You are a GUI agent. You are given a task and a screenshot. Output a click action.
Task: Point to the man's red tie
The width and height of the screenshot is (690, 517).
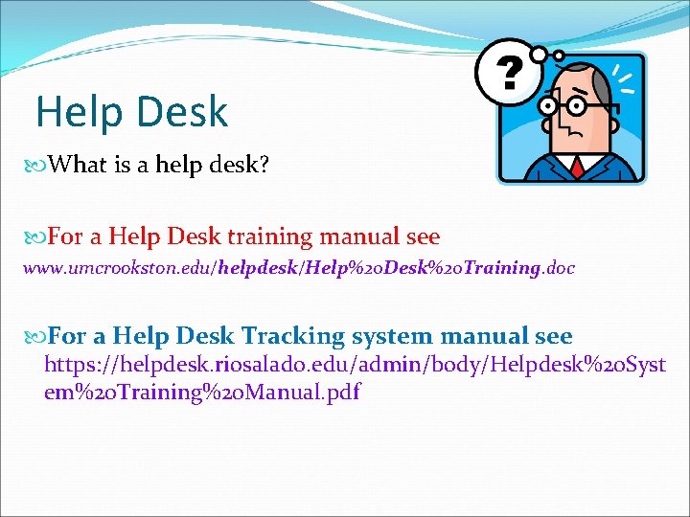577,168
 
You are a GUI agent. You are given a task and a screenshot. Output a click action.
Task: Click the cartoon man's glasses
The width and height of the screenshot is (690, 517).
565,104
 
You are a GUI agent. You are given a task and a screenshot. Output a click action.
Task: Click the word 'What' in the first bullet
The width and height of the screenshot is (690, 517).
78,165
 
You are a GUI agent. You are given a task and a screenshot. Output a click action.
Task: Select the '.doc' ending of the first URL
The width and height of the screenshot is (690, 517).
558,268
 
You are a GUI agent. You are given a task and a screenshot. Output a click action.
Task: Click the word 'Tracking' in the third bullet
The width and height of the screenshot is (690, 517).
292,336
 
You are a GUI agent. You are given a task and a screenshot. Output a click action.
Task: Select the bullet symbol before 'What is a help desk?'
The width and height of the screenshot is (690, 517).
37,166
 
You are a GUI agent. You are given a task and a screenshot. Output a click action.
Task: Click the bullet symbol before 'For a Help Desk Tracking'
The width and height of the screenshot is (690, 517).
37,337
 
